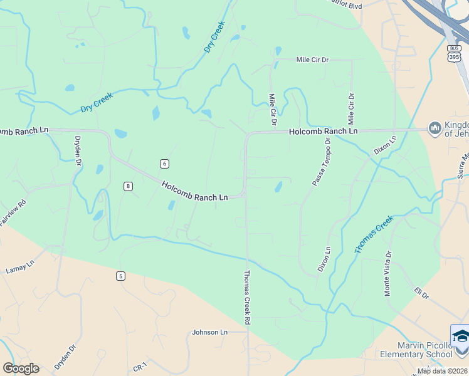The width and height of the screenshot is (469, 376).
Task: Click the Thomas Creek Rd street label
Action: [x=248, y=297]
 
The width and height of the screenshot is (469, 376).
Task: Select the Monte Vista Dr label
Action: [x=388, y=274]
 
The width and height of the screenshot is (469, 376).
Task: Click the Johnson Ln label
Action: [x=209, y=332]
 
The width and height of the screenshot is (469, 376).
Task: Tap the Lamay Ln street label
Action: [x=18, y=268]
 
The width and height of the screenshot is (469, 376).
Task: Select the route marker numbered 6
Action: [x=164, y=164]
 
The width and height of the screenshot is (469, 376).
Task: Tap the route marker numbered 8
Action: [x=128, y=185]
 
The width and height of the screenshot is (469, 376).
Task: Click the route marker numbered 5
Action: [x=120, y=275]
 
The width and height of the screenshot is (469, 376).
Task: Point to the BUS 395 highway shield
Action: [x=454, y=53]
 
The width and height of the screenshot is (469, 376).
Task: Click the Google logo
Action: [x=21, y=368]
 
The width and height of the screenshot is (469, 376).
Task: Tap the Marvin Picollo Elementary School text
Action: [x=416, y=350]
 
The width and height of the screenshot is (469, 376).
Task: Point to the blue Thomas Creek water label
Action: [x=374, y=234]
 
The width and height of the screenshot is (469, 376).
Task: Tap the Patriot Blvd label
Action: [x=345, y=4]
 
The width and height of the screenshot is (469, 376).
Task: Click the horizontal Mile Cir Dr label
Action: [x=312, y=60]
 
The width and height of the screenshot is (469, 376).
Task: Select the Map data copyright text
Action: [x=443, y=371]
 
